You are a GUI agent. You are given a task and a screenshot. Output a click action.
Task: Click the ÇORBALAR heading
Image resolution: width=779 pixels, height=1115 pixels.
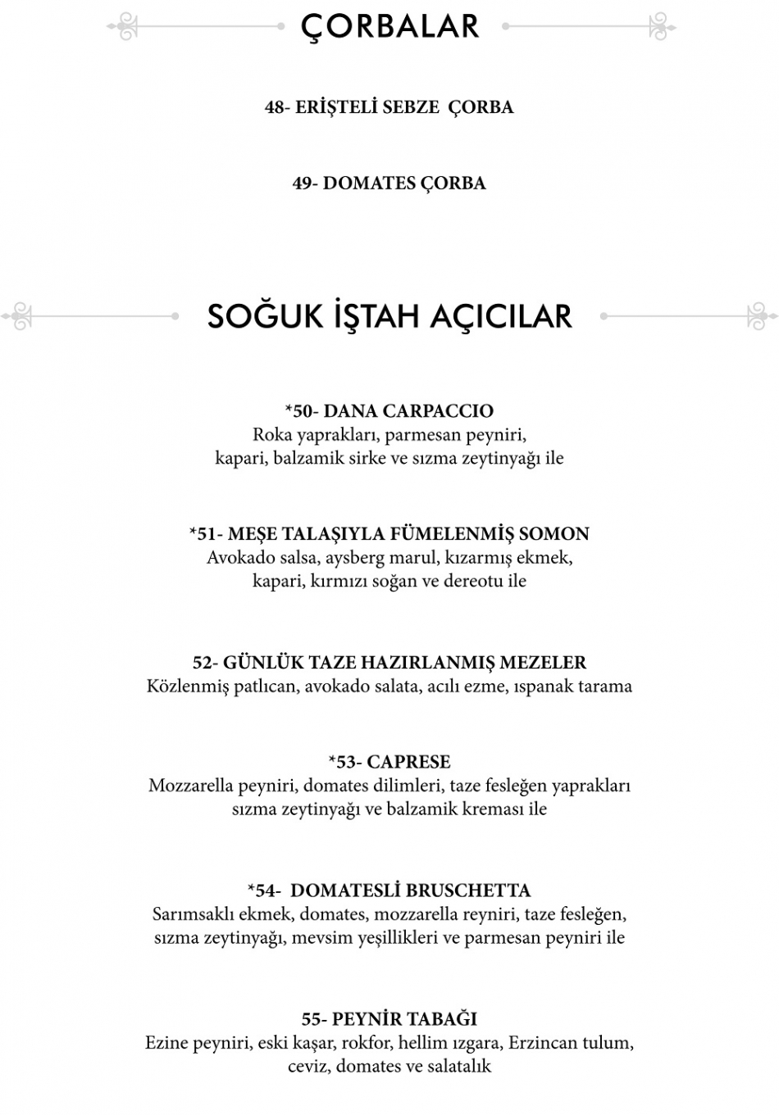pyautogui.click(x=389, y=26)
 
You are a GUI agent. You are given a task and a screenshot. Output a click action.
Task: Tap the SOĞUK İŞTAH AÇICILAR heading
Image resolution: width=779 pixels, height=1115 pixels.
pyautogui.click(x=389, y=316)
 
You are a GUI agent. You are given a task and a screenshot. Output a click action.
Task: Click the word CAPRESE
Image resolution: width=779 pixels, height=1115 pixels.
pyautogui.click(x=409, y=762)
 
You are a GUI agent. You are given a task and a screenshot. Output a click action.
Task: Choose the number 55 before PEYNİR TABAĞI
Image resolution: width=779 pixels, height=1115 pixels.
pyautogui.click(x=312, y=1020)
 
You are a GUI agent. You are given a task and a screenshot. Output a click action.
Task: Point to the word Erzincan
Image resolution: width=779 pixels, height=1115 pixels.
pyautogui.click(x=543, y=1043)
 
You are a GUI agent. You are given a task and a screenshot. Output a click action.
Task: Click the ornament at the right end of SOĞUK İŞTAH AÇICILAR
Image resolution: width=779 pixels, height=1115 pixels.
pyautogui.click(x=762, y=316)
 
